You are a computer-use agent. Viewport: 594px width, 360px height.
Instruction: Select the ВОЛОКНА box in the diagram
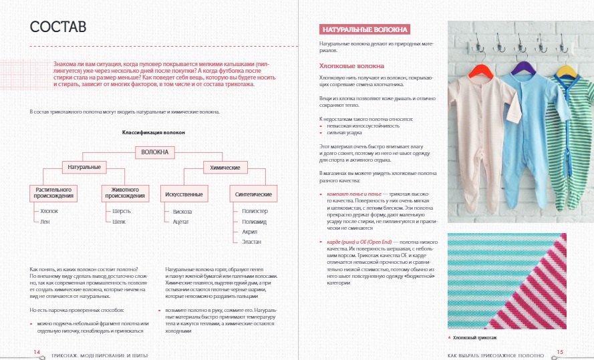point(155,152)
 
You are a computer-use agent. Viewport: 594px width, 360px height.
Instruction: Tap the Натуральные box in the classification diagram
point(85,166)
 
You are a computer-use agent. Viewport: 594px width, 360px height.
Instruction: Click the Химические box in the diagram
point(225,166)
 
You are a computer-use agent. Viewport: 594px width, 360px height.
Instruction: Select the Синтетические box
point(253,194)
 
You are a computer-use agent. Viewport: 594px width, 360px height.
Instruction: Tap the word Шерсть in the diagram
point(120,211)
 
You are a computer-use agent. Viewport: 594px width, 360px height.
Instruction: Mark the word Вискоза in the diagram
point(182,211)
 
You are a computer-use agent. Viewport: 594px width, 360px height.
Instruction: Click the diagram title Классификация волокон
point(153,132)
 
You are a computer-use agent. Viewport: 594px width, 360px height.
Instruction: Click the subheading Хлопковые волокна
point(352,66)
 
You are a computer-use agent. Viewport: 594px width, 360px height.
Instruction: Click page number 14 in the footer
point(37,351)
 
